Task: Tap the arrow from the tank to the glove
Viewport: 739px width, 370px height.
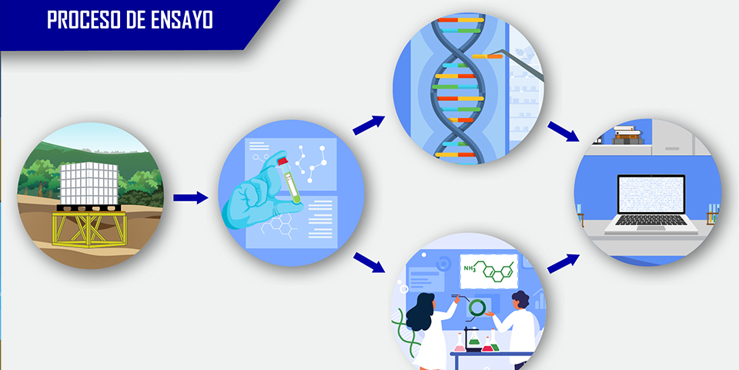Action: pyautogui.click(x=190, y=198)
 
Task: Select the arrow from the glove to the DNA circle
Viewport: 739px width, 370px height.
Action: pyautogui.click(x=369, y=125)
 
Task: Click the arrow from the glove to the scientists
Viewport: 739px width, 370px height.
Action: pyautogui.click(x=369, y=262)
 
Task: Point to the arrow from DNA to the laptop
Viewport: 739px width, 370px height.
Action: pyautogui.click(x=563, y=132)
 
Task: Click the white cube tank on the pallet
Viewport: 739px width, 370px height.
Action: pyautogui.click(x=89, y=183)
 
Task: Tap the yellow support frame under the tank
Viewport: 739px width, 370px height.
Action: pyautogui.click(x=89, y=228)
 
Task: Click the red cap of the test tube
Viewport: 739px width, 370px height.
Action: pyautogui.click(x=283, y=161)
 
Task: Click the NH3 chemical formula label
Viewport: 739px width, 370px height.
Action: pyautogui.click(x=470, y=268)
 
